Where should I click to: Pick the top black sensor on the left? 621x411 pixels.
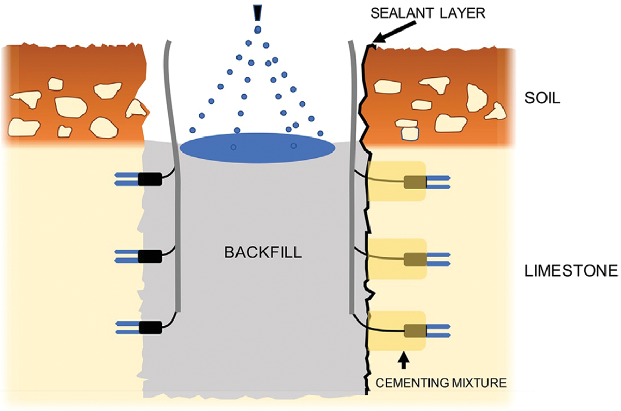click(x=150, y=179)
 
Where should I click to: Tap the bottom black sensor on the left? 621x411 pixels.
click(x=150, y=326)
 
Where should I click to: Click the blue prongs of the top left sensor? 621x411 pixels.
click(x=126, y=179)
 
